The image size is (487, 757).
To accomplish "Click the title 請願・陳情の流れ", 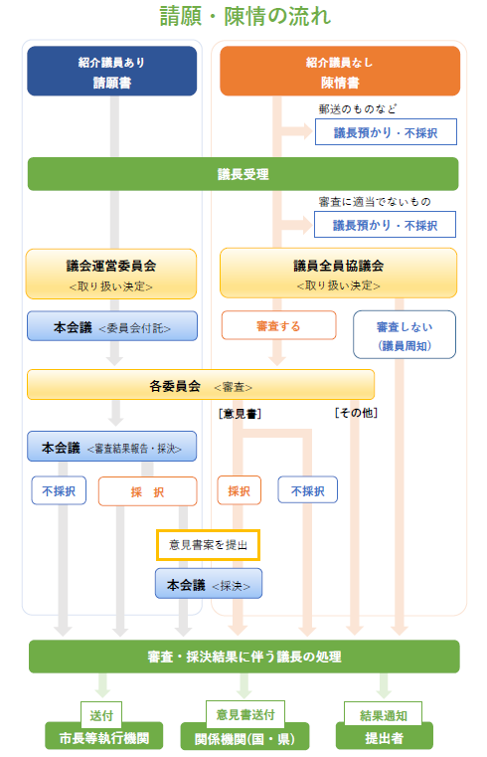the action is pyautogui.click(x=244, y=16).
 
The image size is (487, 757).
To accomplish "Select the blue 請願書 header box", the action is pyautogui.click(x=112, y=71).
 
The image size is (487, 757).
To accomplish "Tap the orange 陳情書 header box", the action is pyautogui.click(x=340, y=71).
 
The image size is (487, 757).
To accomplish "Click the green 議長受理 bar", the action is pyautogui.click(x=243, y=174).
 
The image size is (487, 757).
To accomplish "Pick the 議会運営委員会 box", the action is pyautogui.click(x=111, y=274).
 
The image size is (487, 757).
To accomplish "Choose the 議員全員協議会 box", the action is pyautogui.click(x=339, y=273).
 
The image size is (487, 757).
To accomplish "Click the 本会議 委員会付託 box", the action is pyautogui.click(x=112, y=326).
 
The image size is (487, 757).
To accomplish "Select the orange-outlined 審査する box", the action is pyautogui.click(x=278, y=325).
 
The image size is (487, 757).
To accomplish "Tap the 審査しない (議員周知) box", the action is pyautogui.click(x=405, y=334).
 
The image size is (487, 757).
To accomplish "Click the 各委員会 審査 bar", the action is pyautogui.click(x=201, y=385).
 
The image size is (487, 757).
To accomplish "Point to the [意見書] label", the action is pyautogui.click(x=240, y=414).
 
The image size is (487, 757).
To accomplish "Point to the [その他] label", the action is pyautogui.click(x=357, y=413).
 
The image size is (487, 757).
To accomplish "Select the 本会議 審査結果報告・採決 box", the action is pyautogui.click(x=112, y=446).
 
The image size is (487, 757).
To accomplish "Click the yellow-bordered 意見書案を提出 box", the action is pyautogui.click(x=209, y=545).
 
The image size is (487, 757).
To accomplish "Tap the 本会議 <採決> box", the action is pyautogui.click(x=209, y=584).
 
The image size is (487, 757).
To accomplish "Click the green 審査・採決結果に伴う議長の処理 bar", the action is pyautogui.click(x=243, y=657).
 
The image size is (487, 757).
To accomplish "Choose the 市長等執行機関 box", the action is pyautogui.click(x=104, y=737).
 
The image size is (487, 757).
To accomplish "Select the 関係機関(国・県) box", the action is pyautogui.click(x=244, y=737).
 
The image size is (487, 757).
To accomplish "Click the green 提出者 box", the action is pyautogui.click(x=385, y=737).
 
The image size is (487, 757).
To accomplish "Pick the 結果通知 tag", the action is pyautogui.click(x=384, y=714).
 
